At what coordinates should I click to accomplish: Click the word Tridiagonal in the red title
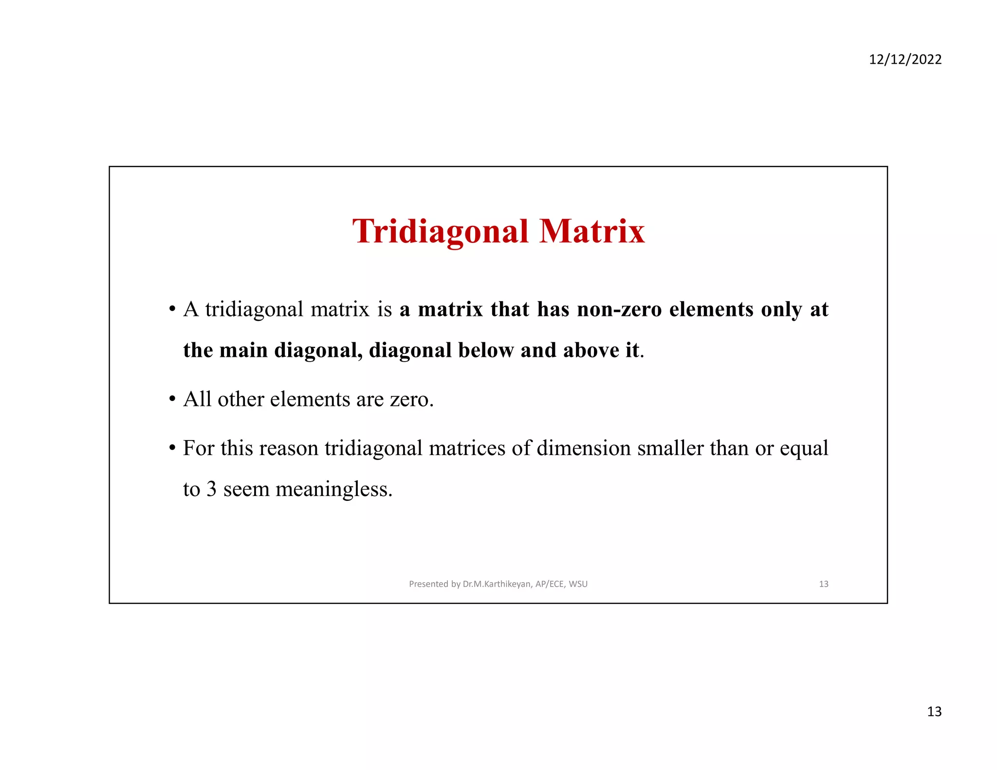click(440, 232)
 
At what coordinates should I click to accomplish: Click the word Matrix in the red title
click(592, 232)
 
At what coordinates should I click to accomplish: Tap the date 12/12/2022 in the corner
click(905, 59)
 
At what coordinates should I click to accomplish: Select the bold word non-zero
click(619, 310)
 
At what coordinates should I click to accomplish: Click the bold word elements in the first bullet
click(711, 310)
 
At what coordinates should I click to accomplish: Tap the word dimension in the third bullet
click(584, 448)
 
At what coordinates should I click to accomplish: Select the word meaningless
click(334, 489)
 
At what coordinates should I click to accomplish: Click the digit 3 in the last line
click(211, 489)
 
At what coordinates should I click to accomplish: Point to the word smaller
click(670, 448)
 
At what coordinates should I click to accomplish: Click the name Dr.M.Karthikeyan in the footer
click(497, 584)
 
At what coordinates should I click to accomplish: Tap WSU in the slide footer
click(578, 584)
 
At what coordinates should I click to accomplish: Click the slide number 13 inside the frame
click(824, 584)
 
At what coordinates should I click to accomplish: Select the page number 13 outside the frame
click(934, 712)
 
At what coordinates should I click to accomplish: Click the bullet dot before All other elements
click(172, 400)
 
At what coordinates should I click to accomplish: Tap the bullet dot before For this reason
click(172, 448)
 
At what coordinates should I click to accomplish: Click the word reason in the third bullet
click(289, 448)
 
